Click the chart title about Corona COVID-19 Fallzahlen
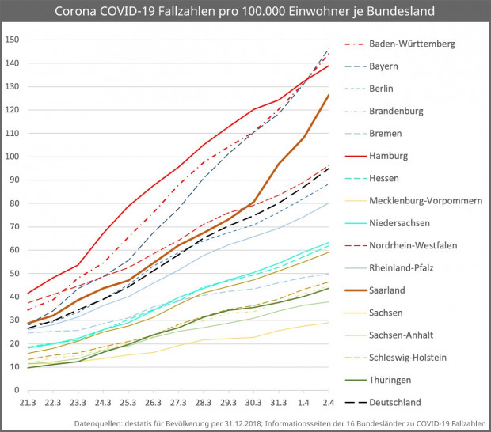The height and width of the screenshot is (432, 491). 245,12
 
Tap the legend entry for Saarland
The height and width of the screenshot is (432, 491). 388,290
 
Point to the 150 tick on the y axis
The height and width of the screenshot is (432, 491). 12,40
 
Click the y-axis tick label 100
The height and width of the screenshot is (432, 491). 12,157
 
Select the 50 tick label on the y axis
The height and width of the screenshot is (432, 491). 14,274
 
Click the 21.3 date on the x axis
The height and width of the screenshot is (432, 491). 28,404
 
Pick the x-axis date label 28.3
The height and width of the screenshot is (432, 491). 204,404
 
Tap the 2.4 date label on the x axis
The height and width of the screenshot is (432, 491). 329,404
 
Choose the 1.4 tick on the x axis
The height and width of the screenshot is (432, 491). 305,404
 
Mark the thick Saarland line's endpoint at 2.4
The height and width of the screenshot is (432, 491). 329,95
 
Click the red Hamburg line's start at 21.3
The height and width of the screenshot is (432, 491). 28,294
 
